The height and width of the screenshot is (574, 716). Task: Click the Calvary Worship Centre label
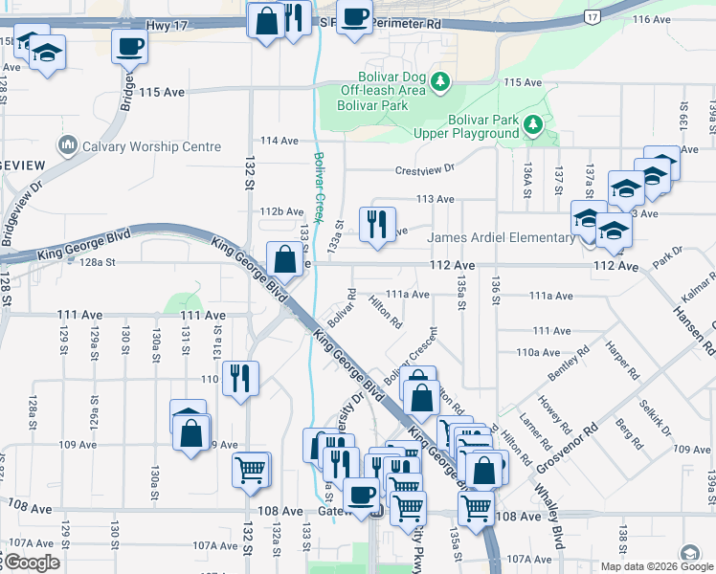pos(151,146)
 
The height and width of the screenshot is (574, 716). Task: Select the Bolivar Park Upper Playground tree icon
pos(532,124)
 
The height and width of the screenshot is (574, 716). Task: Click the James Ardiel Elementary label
pos(502,238)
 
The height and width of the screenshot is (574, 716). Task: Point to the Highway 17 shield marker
pos(593,17)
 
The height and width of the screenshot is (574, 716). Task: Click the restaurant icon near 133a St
pos(377,225)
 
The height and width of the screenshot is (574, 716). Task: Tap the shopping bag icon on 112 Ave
pos(284,258)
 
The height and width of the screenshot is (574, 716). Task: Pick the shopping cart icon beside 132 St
pos(251,469)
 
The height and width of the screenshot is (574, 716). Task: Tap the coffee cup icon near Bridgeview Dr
pos(129,45)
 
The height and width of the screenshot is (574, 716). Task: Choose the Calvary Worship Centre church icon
pos(69,146)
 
